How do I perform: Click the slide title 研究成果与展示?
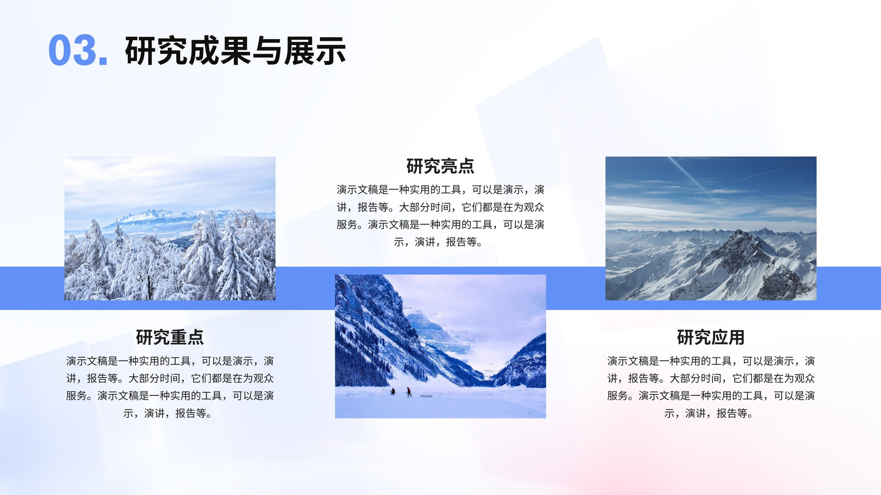(x=235, y=50)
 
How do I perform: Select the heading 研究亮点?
(x=440, y=166)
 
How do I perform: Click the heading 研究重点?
(x=170, y=337)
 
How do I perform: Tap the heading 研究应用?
(x=711, y=337)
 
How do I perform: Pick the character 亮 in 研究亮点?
(x=449, y=166)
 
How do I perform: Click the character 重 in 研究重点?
(x=178, y=337)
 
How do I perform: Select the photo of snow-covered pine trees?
(x=170, y=228)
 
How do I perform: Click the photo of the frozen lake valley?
(x=440, y=346)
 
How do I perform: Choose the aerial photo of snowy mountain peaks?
(x=711, y=228)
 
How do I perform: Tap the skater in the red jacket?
(x=409, y=392)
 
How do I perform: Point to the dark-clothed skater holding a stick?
(x=392, y=391)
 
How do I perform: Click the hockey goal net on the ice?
(x=426, y=395)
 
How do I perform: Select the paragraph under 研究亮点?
(x=440, y=216)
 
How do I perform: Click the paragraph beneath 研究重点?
(x=170, y=387)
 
